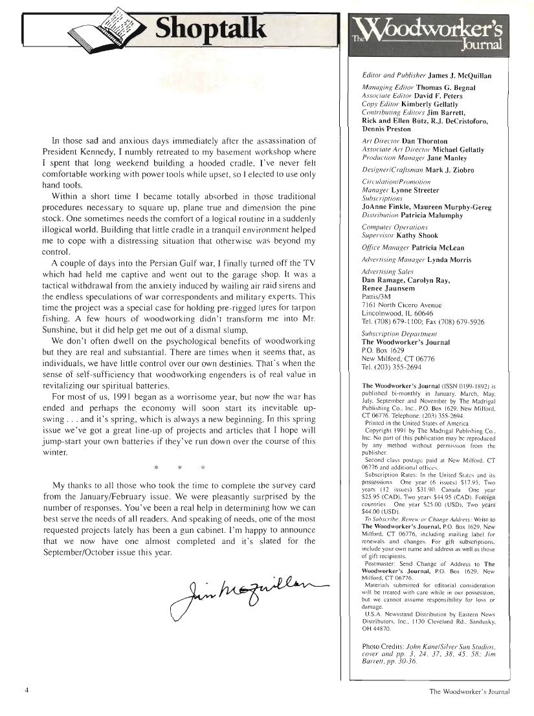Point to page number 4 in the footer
27,691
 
